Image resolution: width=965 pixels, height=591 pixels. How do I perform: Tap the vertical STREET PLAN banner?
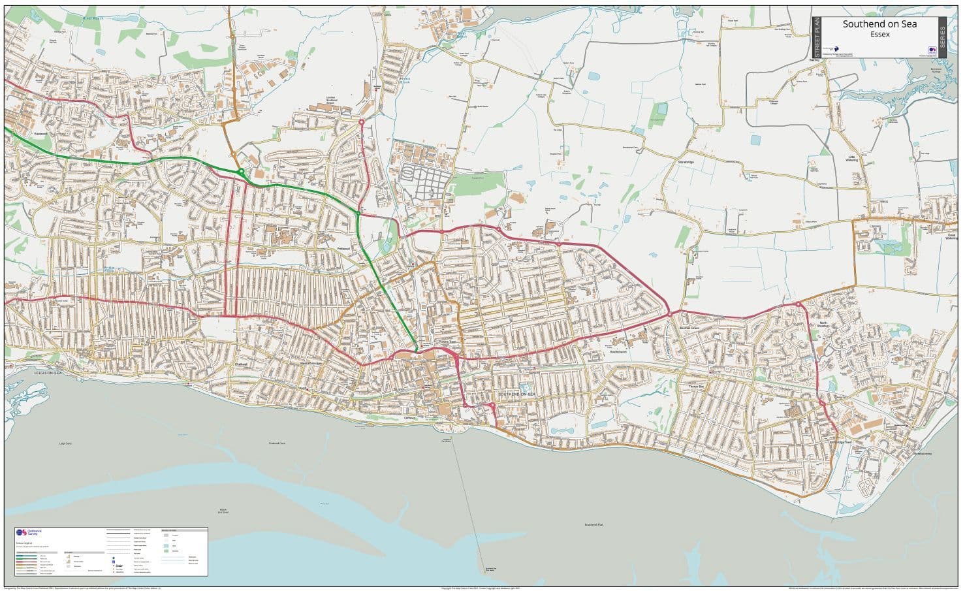[815, 38]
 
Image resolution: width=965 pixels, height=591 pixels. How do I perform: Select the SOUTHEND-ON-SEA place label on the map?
[516, 395]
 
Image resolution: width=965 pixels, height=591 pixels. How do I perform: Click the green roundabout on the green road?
[241, 172]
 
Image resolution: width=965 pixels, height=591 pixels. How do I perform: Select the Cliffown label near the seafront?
[410, 418]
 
